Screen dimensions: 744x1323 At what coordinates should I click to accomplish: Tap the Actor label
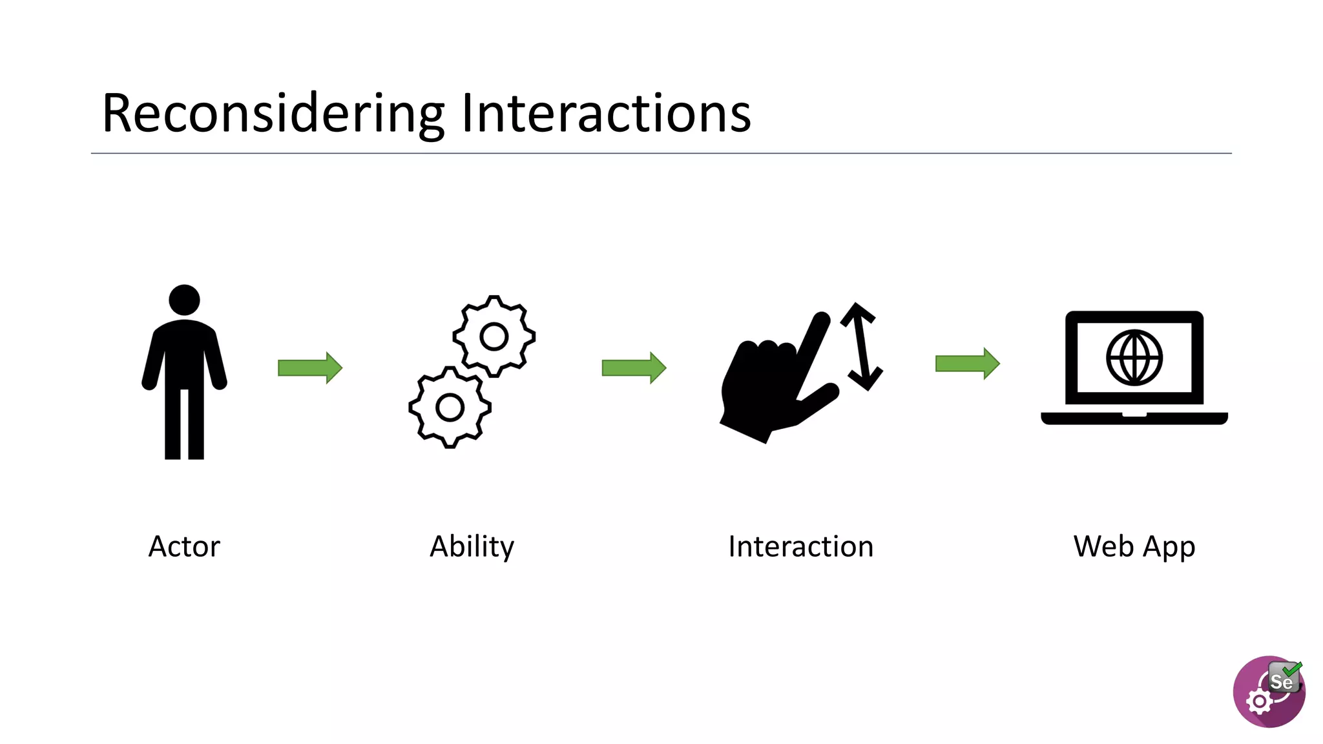[184, 546]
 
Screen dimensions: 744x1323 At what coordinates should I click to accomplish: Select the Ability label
[472, 546]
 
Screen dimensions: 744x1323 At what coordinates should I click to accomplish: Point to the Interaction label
[800, 546]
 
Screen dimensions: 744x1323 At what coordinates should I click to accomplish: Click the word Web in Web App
[1103, 546]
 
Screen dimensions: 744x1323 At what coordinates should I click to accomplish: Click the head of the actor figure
[184, 300]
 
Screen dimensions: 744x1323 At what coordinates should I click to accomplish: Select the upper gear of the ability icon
[494, 336]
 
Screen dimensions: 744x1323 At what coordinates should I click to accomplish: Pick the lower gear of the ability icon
[450, 408]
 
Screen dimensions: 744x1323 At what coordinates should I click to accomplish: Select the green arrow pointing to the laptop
[967, 364]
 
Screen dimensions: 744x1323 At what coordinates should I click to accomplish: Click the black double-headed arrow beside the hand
[861, 346]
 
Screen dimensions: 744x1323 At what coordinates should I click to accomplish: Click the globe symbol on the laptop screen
[1134, 357]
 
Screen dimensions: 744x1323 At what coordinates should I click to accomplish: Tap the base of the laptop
[1134, 418]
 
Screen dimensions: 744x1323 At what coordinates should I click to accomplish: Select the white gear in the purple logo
[1259, 701]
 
